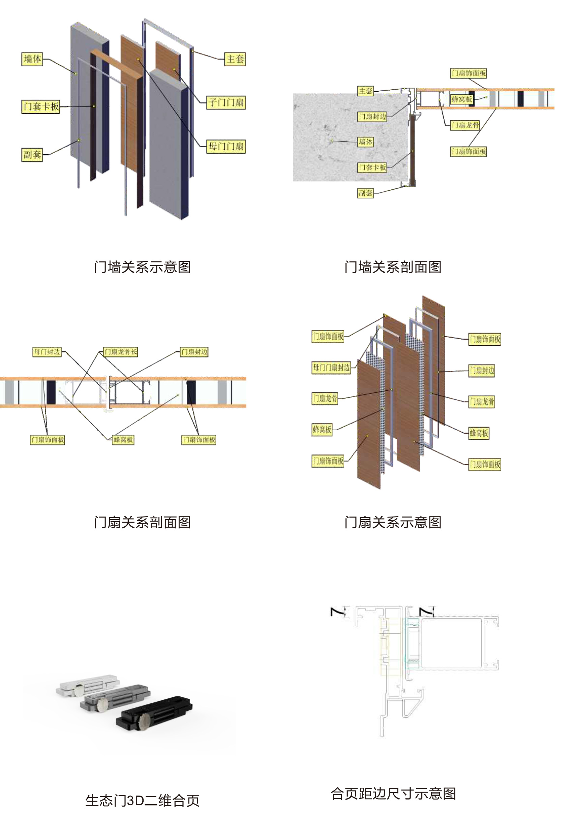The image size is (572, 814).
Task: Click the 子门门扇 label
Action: click(226, 102)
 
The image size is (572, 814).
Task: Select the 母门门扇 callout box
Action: click(226, 146)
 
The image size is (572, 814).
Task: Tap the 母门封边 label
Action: click(47, 352)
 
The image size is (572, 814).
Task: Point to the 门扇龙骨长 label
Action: click(120, 352)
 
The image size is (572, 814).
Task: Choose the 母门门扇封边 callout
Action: click(331, 368)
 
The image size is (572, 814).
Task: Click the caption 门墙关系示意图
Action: click(142, 267)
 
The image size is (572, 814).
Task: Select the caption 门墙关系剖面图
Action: click(393, 267)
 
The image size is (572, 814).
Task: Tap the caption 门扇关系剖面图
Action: click(142, 522)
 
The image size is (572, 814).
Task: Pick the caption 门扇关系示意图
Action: click(393, 522)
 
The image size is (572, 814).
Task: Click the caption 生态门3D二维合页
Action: click(142, 801)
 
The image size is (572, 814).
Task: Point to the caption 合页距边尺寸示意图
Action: click(393, 793)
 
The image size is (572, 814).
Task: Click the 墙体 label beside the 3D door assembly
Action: click(32, 59)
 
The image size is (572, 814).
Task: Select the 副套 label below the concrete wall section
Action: click(365, 193)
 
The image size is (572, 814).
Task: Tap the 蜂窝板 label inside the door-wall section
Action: click(461, 99)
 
